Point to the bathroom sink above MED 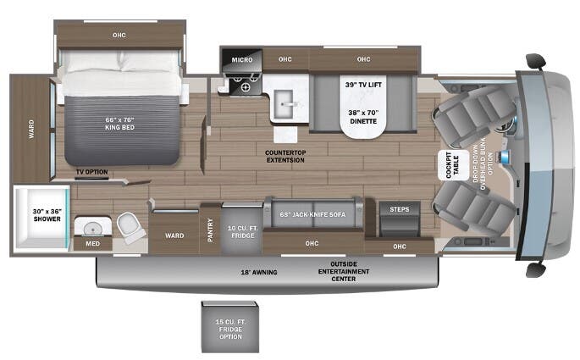pyautogui.click(x=91, y=227)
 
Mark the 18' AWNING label pyautogui.click(x=259, y=273)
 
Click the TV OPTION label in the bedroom pyautogui.click(x=91, y=172)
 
